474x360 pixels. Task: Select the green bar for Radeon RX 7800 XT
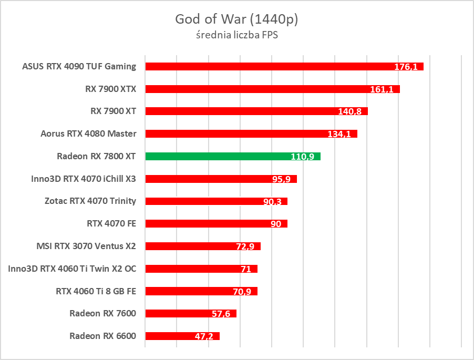[233, 156]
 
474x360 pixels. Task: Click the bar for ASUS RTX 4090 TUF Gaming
[284, 66]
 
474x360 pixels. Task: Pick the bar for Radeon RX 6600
[182, 336]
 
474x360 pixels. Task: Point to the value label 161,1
[382, 90]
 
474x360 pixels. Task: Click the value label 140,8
[350, 112]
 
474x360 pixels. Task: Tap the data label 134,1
[339, 135]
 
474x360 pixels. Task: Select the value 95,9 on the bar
[282, 179]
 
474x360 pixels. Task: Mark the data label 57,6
[221, 314]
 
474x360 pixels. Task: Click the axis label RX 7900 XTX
[110, 89]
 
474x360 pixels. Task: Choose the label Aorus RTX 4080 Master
[88, 133]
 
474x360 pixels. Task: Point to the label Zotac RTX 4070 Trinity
[90, 201]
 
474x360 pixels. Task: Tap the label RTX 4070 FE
[111, 223]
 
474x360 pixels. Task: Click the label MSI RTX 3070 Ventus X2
[86, 245]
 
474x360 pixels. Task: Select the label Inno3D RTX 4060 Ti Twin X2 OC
[72, 269]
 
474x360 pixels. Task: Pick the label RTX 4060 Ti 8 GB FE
[96, 291]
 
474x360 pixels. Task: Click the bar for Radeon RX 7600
[190, 313]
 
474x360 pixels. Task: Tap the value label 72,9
[245, 247]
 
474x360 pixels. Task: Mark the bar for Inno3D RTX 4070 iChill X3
[221, 179]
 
